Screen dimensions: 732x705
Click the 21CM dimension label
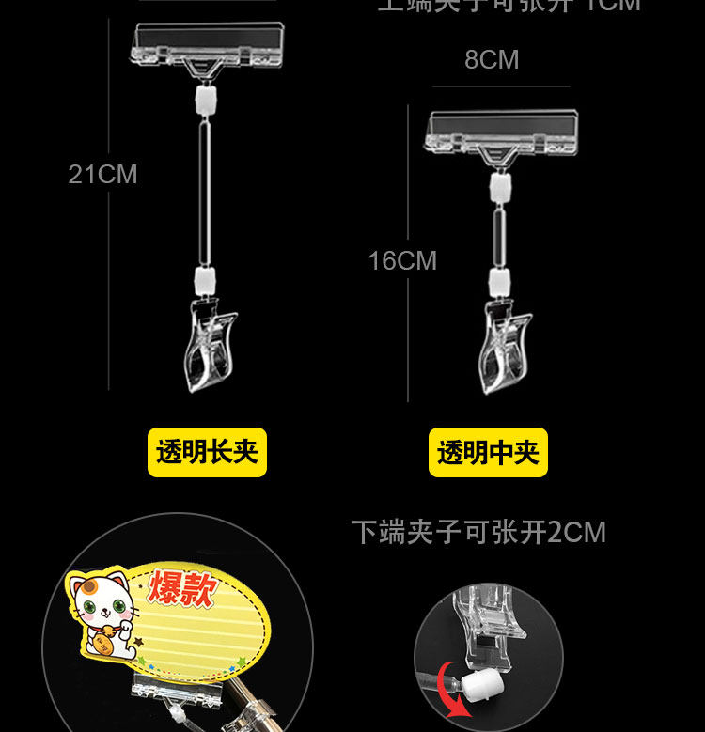pyautogui.click(x=102, y=175)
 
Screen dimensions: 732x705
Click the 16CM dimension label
pyautogui.click(x=402, y=260)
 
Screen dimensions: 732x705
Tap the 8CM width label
pyautogui.click(x=492, y=60)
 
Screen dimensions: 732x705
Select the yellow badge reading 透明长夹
pyautogui.click(x=207, y=452)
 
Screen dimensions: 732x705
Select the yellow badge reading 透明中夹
pyautogui.click(x=488, y=453)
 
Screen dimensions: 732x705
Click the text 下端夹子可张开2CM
pyautogui.click(x=478, y=533)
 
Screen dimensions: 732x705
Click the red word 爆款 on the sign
pyautogui.click(x=183, y=590)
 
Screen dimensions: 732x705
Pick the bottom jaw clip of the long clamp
pyautogui.click(x=211, y=342)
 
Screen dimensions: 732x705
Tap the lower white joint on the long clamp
pyautogui.click(x=204, y=278)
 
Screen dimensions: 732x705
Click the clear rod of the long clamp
pyautogui.click(x=204, y=188)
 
